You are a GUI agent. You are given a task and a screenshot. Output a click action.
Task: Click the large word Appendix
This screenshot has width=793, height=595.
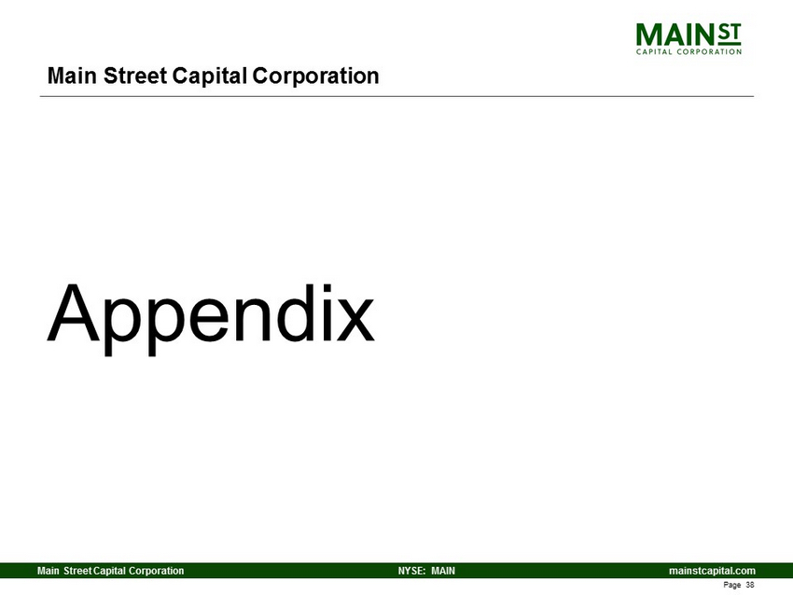click(x=211, y=317)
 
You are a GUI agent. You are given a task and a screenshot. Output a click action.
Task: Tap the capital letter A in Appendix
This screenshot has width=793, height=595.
click(x=74, y=313)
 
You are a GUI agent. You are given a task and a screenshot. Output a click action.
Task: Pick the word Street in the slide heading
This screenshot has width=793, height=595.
click(x=135, y=76)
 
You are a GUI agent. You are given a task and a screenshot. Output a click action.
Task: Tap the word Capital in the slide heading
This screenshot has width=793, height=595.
click(x=209, y=76)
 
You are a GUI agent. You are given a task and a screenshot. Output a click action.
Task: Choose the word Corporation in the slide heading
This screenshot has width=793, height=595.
click(x=315, y=76)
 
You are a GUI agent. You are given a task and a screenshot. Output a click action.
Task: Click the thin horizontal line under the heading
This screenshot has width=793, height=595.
click(x=397, y=95)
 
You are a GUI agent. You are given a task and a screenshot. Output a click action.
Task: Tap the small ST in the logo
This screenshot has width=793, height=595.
click(x=729, y=32)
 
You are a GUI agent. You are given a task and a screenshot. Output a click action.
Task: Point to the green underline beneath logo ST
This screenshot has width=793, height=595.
click(x=730, y=44)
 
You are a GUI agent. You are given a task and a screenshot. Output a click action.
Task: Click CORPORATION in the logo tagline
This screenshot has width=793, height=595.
click(x=709, y=51)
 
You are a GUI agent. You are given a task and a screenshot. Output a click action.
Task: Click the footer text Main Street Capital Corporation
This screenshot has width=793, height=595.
click(x=111, y=571)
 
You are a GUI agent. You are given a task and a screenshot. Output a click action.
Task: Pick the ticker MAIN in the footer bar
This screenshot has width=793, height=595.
click(x=443, y=571)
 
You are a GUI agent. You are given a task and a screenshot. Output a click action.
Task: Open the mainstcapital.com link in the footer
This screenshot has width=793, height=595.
click(x=712, y=571)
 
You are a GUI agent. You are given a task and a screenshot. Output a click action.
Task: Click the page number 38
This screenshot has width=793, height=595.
click(x=750, y=585)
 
